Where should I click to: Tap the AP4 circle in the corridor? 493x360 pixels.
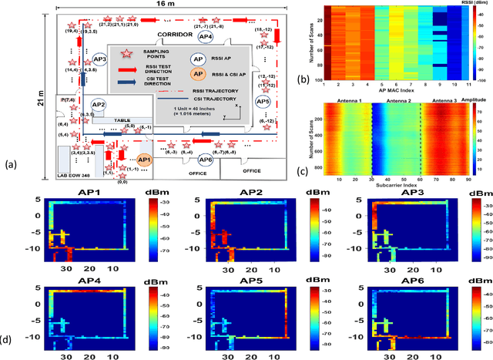[x=205, y=36]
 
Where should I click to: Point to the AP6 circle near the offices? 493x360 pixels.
[x=205, y=160]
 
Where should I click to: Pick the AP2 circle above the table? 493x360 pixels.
[x=98, y=105]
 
